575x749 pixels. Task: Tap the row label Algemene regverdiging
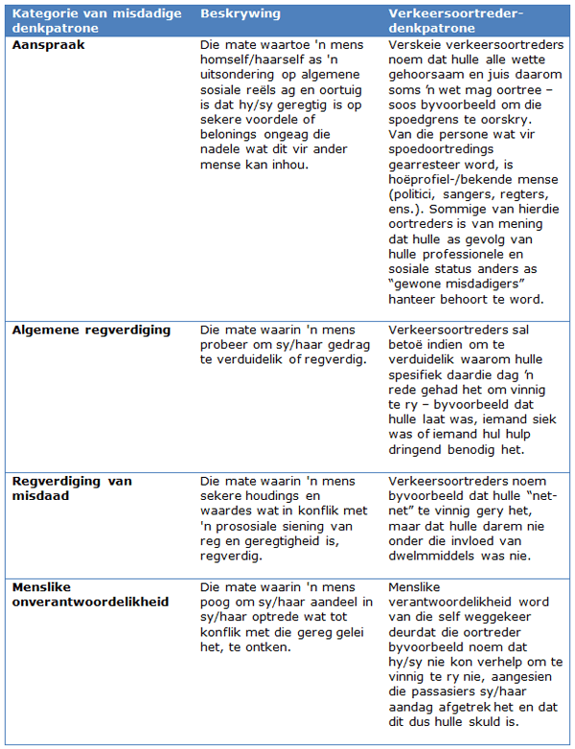(91, 330)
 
